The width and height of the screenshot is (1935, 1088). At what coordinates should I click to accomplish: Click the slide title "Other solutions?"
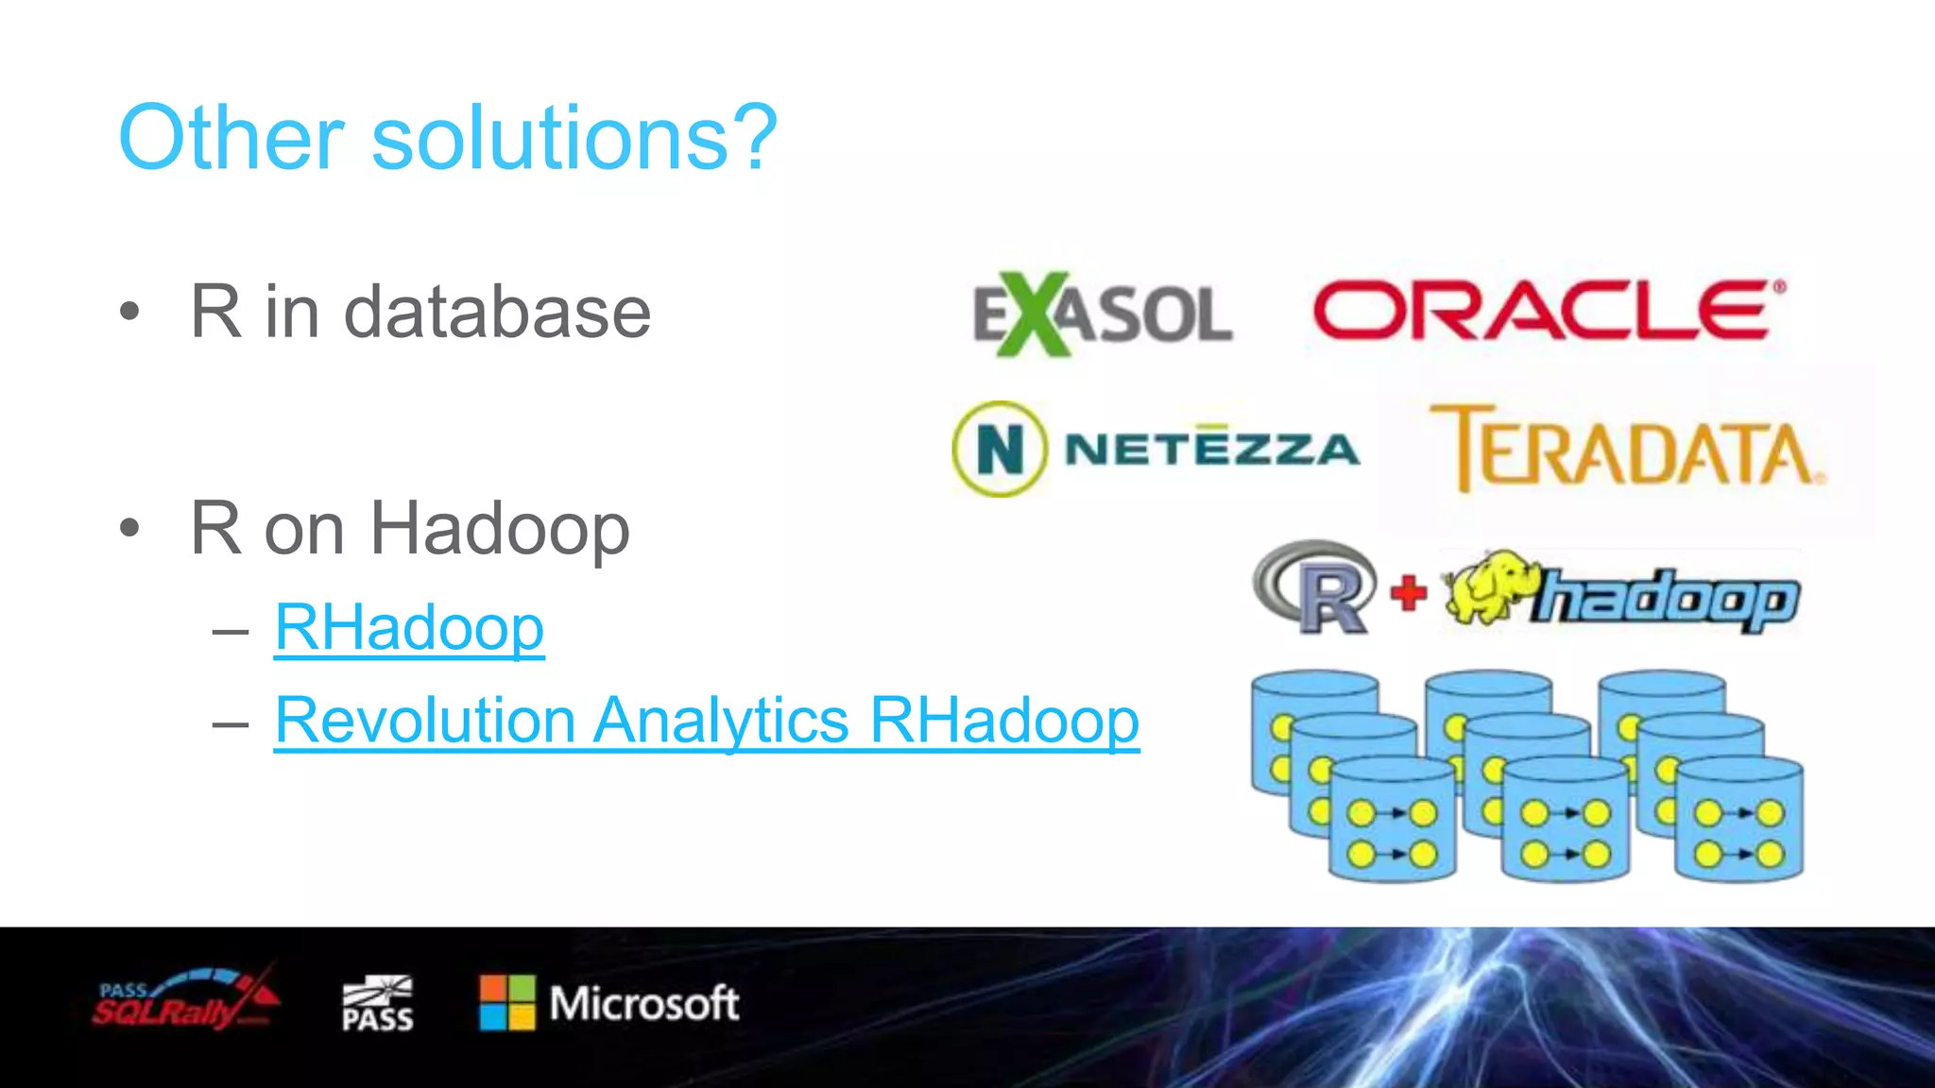(447, 139)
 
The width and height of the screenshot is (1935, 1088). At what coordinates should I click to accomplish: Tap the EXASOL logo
(1102, 314)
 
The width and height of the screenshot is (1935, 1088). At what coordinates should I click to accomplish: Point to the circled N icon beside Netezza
(1000, 450)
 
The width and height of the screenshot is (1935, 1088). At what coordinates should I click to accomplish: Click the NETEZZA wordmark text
(1211, 449)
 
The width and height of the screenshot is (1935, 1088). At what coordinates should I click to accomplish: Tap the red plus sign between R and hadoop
(1408, 594)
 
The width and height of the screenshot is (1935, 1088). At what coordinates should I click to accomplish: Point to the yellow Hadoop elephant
(1488, 587)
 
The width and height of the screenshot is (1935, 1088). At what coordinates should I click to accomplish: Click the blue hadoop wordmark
(1668, 600)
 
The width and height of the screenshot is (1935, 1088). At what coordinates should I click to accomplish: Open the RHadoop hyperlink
(409, 628)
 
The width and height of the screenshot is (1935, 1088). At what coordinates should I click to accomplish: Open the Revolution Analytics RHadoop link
(707, 721)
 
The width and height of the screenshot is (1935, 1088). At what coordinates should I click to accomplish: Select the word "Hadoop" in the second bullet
(500, 529)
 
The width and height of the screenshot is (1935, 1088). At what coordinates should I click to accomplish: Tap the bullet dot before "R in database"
(130, 312)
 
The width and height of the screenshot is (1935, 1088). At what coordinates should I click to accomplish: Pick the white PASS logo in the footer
(377, 1004)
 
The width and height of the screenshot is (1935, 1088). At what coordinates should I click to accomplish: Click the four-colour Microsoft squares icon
(507, 1003)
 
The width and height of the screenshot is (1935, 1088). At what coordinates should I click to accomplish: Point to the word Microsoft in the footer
(643, 1003)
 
